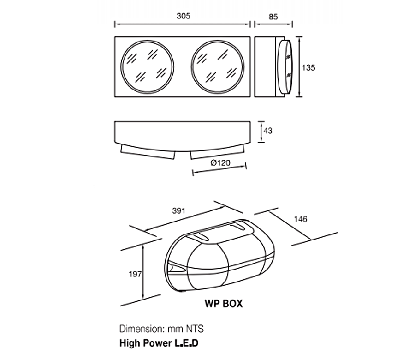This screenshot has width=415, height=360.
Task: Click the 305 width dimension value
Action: [183, 15]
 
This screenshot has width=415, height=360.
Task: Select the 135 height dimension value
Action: [308, 67]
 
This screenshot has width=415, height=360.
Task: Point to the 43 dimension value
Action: [267, 131]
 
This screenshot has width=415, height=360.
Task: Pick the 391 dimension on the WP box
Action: [178, 210]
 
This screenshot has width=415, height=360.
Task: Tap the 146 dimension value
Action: [300, 219]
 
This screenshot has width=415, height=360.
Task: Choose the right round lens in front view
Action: [216, 67]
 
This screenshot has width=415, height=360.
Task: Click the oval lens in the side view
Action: [286, 67]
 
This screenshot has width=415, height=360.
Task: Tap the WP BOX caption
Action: [223, 304]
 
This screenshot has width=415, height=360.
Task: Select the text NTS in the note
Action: [194, 329]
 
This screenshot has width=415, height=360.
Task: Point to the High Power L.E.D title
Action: [160, 343]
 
